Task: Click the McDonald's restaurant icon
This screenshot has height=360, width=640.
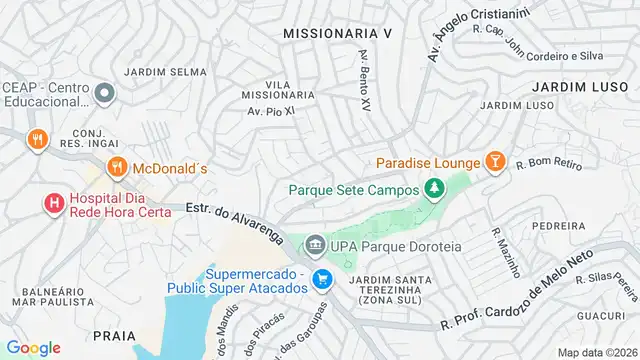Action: click(117, 168)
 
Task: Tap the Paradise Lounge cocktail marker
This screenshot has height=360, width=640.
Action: click(494, 162)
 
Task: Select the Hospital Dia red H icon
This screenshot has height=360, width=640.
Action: click(53, 203)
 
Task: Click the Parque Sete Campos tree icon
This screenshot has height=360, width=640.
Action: click(433, 188)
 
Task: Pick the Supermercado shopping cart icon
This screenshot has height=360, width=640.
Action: click(321, 279)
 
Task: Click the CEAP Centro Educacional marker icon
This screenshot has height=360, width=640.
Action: click(106, 94)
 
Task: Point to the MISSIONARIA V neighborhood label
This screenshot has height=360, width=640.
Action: click(338, 33)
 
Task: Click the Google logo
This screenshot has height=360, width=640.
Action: click(33, 347)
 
